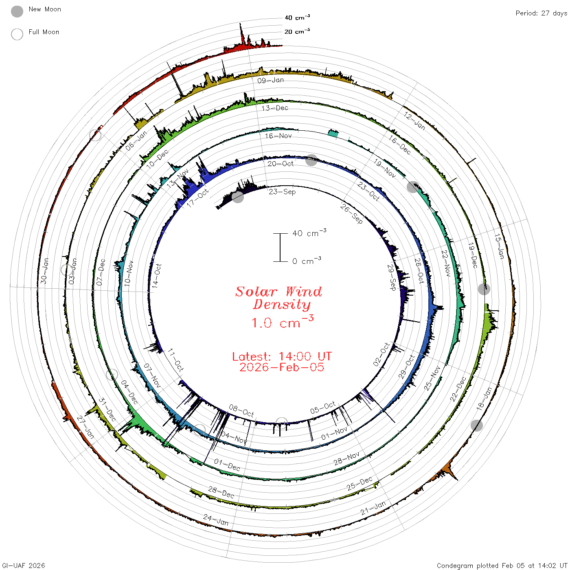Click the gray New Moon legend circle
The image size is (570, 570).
[x=17, y=11]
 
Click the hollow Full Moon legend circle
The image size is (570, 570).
[x=17, y=34]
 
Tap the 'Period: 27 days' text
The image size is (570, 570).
[x=541, y=13]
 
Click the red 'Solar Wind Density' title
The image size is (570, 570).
[x=279, y=298]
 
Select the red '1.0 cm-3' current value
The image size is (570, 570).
[x=283, y=322]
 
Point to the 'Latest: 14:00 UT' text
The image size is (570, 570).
[x=282, y=356]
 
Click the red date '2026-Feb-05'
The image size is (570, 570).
[x=282, y=367]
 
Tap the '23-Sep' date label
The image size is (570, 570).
[x=282, y=191]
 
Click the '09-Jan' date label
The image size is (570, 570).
[x=270, y=80]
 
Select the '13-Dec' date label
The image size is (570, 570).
[x=274, y=108]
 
